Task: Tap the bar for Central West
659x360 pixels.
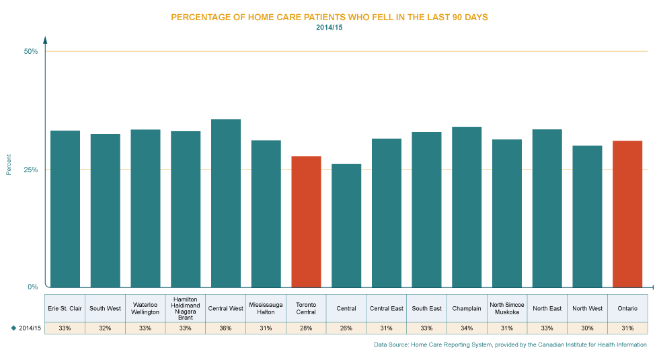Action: tap(226, 203)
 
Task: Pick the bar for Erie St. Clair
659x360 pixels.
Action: tap(65, 208)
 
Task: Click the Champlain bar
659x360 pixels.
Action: tap(467, 206)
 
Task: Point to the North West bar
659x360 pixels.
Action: tap(587, 215)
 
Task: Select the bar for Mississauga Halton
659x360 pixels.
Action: tap(266, 213)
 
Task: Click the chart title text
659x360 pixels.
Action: tap(329, 17)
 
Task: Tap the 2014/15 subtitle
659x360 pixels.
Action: tap(329, 28)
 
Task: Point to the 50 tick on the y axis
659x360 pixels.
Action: tap(31, 54)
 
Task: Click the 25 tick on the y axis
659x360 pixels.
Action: tap(31, 172)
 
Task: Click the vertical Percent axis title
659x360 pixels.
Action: tap(9, 165)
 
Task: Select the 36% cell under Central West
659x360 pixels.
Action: tap(226, 328)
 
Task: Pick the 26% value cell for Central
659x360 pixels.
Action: tap(346, 328)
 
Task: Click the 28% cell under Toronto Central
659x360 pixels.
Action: tap(306, 328)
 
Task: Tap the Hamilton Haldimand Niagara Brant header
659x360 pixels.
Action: tap(186, 308)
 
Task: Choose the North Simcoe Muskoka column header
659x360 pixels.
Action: tap(507, 308)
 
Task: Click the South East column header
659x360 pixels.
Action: tap(426, 308)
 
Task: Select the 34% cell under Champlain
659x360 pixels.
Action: tap(467, 328)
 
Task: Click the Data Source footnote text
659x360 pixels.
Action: tap(510, 345)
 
